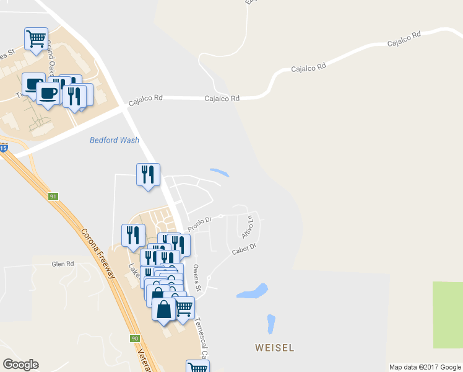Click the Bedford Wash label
[x=115, y=140]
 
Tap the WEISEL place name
[x=274, y=347]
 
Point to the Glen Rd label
[x=63, y=263]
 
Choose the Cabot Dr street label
[x=244, y=250]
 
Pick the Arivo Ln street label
[x=248, y=227]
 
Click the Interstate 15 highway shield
[x=4, y=148]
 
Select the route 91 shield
[x=54, y=197]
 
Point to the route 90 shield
[x=135, y=339]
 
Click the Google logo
[x=20, y=365]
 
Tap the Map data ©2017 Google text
[x=425, y=367]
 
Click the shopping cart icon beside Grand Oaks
[x=36, y=38]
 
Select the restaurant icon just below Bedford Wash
[x=148, y=175]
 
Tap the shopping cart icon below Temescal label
[x=197, y=367]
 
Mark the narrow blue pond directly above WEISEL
[x=270, y=324]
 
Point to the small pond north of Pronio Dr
[x=219, y=172]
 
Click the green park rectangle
[x=448, y=314]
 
